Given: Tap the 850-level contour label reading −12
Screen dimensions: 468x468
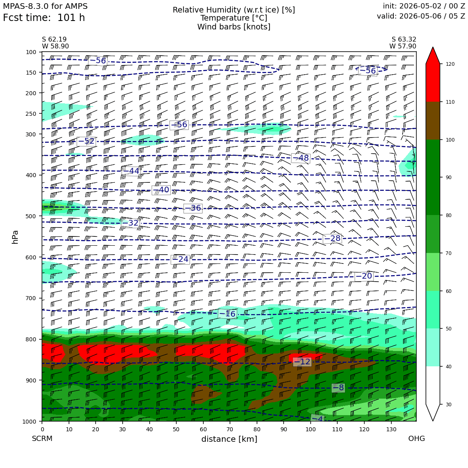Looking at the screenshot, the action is tap(302, 362).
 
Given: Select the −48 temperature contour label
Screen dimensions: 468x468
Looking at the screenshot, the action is tap(301, 158).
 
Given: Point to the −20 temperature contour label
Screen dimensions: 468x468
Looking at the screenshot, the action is tap(363, 276).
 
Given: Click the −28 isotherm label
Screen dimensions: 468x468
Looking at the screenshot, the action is tap(332, 238).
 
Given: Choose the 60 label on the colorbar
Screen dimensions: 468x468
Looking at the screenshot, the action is tap(449, 291).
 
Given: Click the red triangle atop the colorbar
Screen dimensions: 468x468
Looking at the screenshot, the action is tap(433, 56).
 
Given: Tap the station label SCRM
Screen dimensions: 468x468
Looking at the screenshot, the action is tap(42, 439).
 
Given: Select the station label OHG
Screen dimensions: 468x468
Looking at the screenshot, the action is tap(416, 439).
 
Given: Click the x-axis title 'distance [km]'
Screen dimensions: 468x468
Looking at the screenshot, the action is tap(229, 439).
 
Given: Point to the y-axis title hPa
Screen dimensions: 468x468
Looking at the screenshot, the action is tap(15, 237).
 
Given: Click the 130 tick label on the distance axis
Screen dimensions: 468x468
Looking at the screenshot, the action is tap(391, 429).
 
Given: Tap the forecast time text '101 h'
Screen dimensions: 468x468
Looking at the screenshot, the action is tap(71, 18).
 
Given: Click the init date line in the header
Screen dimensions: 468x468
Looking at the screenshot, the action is tap(424, 6).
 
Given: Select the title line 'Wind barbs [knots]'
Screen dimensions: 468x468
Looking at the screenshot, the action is tap(234, 27).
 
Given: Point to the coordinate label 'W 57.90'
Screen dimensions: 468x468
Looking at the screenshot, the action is tap(403, 46).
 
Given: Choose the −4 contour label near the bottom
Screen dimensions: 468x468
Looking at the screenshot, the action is tap(318, 418).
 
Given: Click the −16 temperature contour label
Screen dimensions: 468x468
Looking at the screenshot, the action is tap(228, 314).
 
